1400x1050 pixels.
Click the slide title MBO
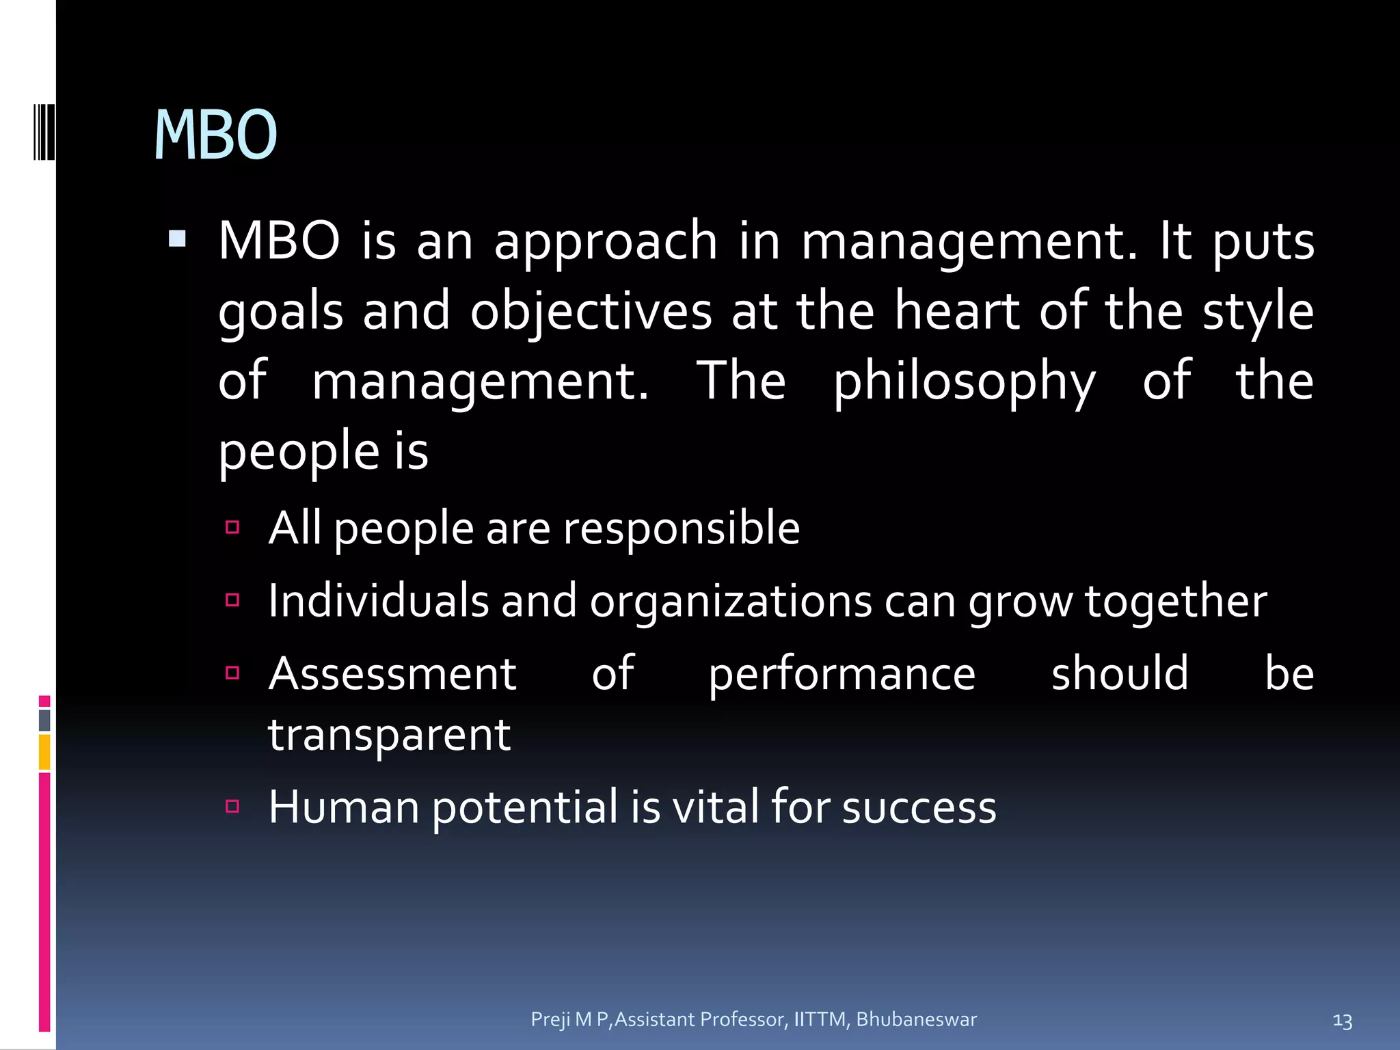(215, 135)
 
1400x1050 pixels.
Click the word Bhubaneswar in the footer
(916, 1019)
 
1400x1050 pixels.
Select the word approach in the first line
(606, 242)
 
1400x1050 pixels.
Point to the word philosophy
(964, 382)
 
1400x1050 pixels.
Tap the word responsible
(681, 528)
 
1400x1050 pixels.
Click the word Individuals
(378, 601)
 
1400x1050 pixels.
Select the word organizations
(731, 602)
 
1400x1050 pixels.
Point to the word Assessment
(392, 674)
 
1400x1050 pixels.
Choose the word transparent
(389, 736)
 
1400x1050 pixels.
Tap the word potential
(525, 807)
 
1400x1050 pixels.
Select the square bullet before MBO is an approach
(177, 239)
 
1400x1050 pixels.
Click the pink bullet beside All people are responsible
(232, 527)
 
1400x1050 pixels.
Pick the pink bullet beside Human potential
(232, 807)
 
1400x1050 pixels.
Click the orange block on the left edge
(44, 752)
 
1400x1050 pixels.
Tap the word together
(1176, 602)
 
